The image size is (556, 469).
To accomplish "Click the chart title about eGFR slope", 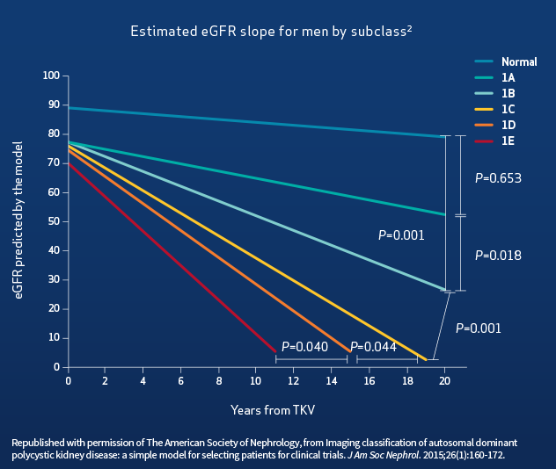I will tap(272, 32).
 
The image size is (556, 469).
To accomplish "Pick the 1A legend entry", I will tap(508, 77).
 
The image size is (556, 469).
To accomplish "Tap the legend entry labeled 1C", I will tap(508, 109).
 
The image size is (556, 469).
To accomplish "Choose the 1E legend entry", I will tap(508, 141).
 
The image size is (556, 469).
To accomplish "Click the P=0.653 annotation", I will tap(498, 177).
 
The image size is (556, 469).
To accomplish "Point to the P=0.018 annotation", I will tap(498, 256).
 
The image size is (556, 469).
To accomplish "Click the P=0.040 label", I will tap(304, 347).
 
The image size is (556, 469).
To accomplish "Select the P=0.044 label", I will tap(374, 347).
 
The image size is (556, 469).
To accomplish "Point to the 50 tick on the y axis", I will tap(54, 221).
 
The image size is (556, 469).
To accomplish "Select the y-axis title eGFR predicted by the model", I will tap(18, 221).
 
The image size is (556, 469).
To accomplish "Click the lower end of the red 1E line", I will tap(276, 351).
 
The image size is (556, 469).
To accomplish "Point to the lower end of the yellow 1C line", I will tap(427, 359).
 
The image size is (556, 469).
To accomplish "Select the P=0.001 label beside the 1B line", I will tap(401, 235).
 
